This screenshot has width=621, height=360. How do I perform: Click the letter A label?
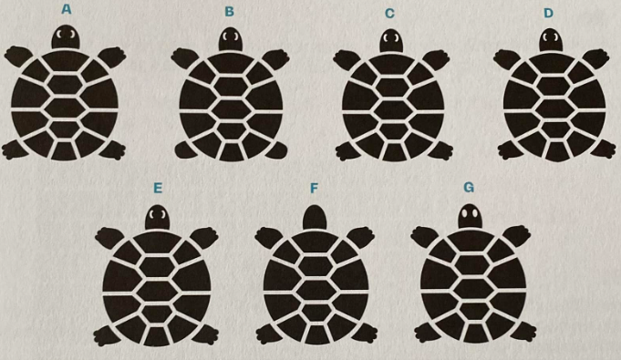[x=66, y=9]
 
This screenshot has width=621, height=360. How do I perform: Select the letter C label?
[x=389, y=12]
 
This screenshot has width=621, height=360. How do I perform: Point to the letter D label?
[x=548, y=12]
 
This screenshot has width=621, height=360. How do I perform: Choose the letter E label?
[x=158, y=188]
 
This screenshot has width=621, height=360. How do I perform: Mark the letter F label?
[x=314, y=188]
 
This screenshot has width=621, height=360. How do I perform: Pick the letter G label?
[x=470, y=188]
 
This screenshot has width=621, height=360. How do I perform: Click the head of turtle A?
[x=65, y=37]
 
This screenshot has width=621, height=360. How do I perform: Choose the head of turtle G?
[x=471, y=217]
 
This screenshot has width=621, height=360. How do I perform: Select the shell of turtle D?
[x=550, y=105]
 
